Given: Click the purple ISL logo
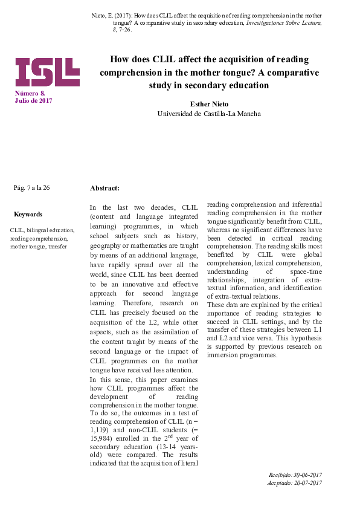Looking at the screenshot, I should [47, 73].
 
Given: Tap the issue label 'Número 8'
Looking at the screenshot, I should [30, 93].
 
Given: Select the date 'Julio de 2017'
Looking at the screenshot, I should [33, 100].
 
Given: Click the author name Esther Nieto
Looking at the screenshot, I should [209, 104].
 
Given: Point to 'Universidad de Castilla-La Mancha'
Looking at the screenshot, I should [209, 114].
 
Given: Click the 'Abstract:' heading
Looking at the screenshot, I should [104, 189].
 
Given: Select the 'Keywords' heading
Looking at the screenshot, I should [28, 214].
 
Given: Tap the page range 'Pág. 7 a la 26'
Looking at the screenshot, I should [31, 187].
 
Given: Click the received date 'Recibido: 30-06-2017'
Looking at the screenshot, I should [295, 475].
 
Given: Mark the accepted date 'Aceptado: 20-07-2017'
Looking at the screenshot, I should [295, 483].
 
